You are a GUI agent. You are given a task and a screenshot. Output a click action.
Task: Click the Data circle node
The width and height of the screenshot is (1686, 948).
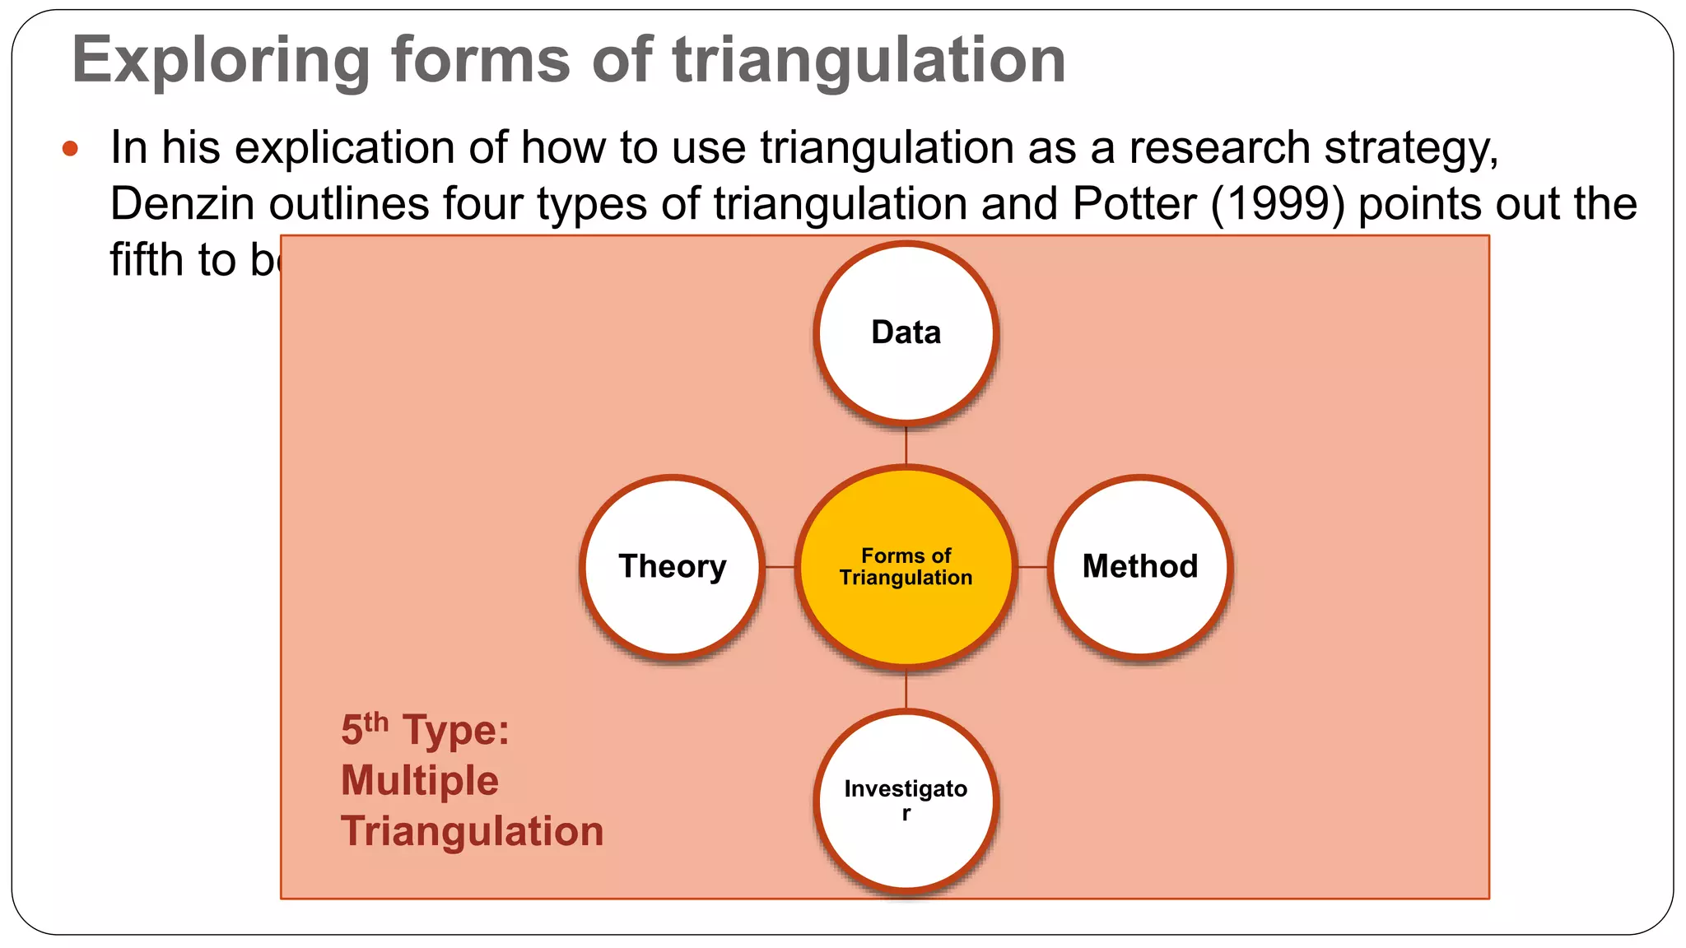(906, 332)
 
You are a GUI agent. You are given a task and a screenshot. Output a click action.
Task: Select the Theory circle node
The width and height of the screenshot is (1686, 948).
(672, 566)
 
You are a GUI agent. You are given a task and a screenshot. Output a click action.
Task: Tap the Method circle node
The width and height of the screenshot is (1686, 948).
(1140, 566)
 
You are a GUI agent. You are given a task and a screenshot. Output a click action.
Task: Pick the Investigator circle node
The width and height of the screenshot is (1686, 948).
(906, 800)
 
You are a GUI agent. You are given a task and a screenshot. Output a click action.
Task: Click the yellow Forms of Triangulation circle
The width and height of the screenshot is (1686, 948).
(906, 566)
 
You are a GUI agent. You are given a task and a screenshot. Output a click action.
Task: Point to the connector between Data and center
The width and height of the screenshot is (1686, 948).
(906, 446)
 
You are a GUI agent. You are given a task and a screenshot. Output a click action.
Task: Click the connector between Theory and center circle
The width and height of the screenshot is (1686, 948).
(780, 566)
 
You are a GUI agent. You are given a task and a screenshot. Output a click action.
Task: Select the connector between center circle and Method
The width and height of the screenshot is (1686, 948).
(1032, 566)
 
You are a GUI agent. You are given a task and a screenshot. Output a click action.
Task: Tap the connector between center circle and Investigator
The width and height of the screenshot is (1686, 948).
(906, 690)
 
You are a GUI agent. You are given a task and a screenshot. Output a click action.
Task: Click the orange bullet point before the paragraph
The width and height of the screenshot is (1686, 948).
(70, 149)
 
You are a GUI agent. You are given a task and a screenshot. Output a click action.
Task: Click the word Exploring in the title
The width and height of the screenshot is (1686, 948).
(221, 61)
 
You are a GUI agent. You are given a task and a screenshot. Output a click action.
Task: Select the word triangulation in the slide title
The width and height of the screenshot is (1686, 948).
(869, 61)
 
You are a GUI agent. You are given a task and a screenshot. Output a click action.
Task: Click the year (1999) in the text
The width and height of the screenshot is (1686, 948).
(1278, 204)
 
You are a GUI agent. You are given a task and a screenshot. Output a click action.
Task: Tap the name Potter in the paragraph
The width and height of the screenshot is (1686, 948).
(1134, 204)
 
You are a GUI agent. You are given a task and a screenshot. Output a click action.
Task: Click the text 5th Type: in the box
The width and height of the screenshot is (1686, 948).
(425, 730)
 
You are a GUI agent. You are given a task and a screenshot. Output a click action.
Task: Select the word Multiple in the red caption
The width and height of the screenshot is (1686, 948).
(419, 780)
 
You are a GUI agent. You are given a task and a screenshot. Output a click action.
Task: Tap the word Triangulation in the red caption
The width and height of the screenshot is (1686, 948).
(472, 831)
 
